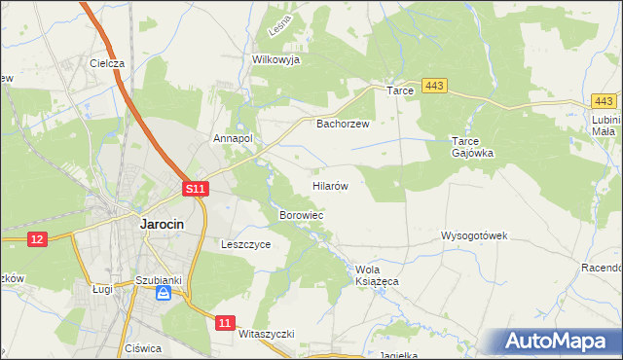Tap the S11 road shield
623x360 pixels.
[196, 188]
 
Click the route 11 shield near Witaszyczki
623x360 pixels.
[226, 322]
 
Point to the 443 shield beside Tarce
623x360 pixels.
[435, 88]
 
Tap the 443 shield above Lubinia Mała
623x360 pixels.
[604, 101]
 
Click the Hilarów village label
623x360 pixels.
[330, 184]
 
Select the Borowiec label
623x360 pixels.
[301, 214]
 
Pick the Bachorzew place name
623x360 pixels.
[344, 125]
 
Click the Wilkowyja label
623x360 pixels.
[275, 59]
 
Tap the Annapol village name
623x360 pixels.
[234, 139]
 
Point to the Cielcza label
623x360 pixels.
[107, 63]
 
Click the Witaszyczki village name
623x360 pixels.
[266, 333]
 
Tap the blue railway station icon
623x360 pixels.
[165, 292]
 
